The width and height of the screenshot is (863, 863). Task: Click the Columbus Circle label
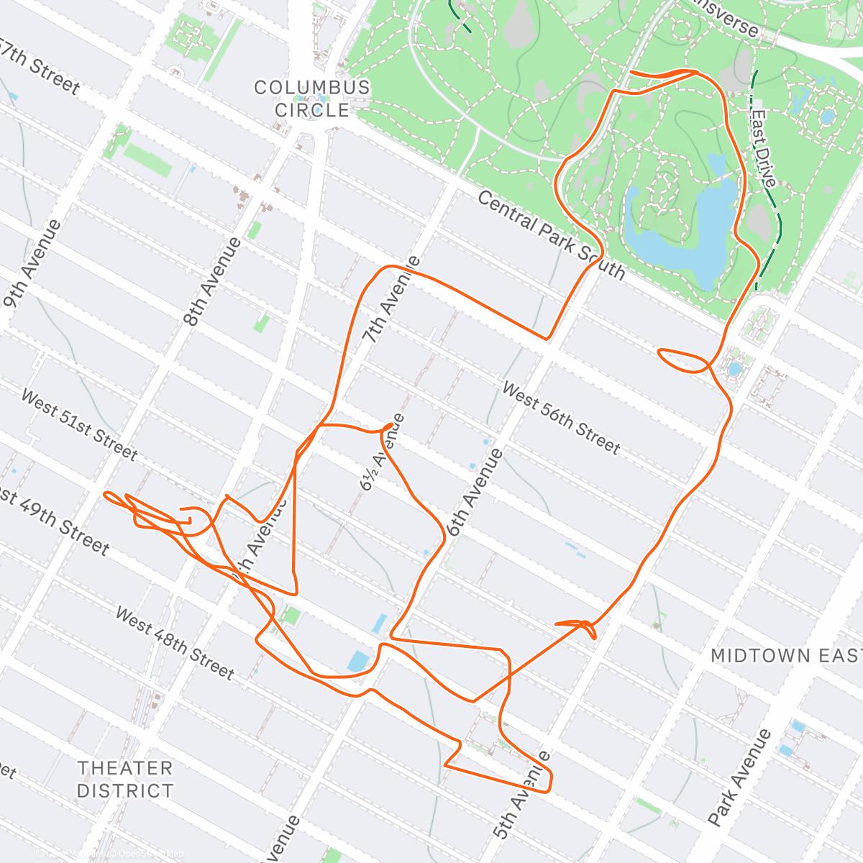click(312, 99)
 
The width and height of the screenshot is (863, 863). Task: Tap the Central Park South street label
click(551, 234)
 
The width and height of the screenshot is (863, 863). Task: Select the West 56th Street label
click(560, 419)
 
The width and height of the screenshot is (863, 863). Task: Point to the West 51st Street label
click(79, 424)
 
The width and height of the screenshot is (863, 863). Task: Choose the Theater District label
click(125, 780)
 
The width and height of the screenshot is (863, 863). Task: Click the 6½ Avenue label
click(382, 453)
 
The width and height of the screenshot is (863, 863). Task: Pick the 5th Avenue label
click(522, 797)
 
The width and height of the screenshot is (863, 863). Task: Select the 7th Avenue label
click(390, 299)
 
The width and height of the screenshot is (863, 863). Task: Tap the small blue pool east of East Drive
click(827, 117)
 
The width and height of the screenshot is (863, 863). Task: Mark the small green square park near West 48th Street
click(291, 616)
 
